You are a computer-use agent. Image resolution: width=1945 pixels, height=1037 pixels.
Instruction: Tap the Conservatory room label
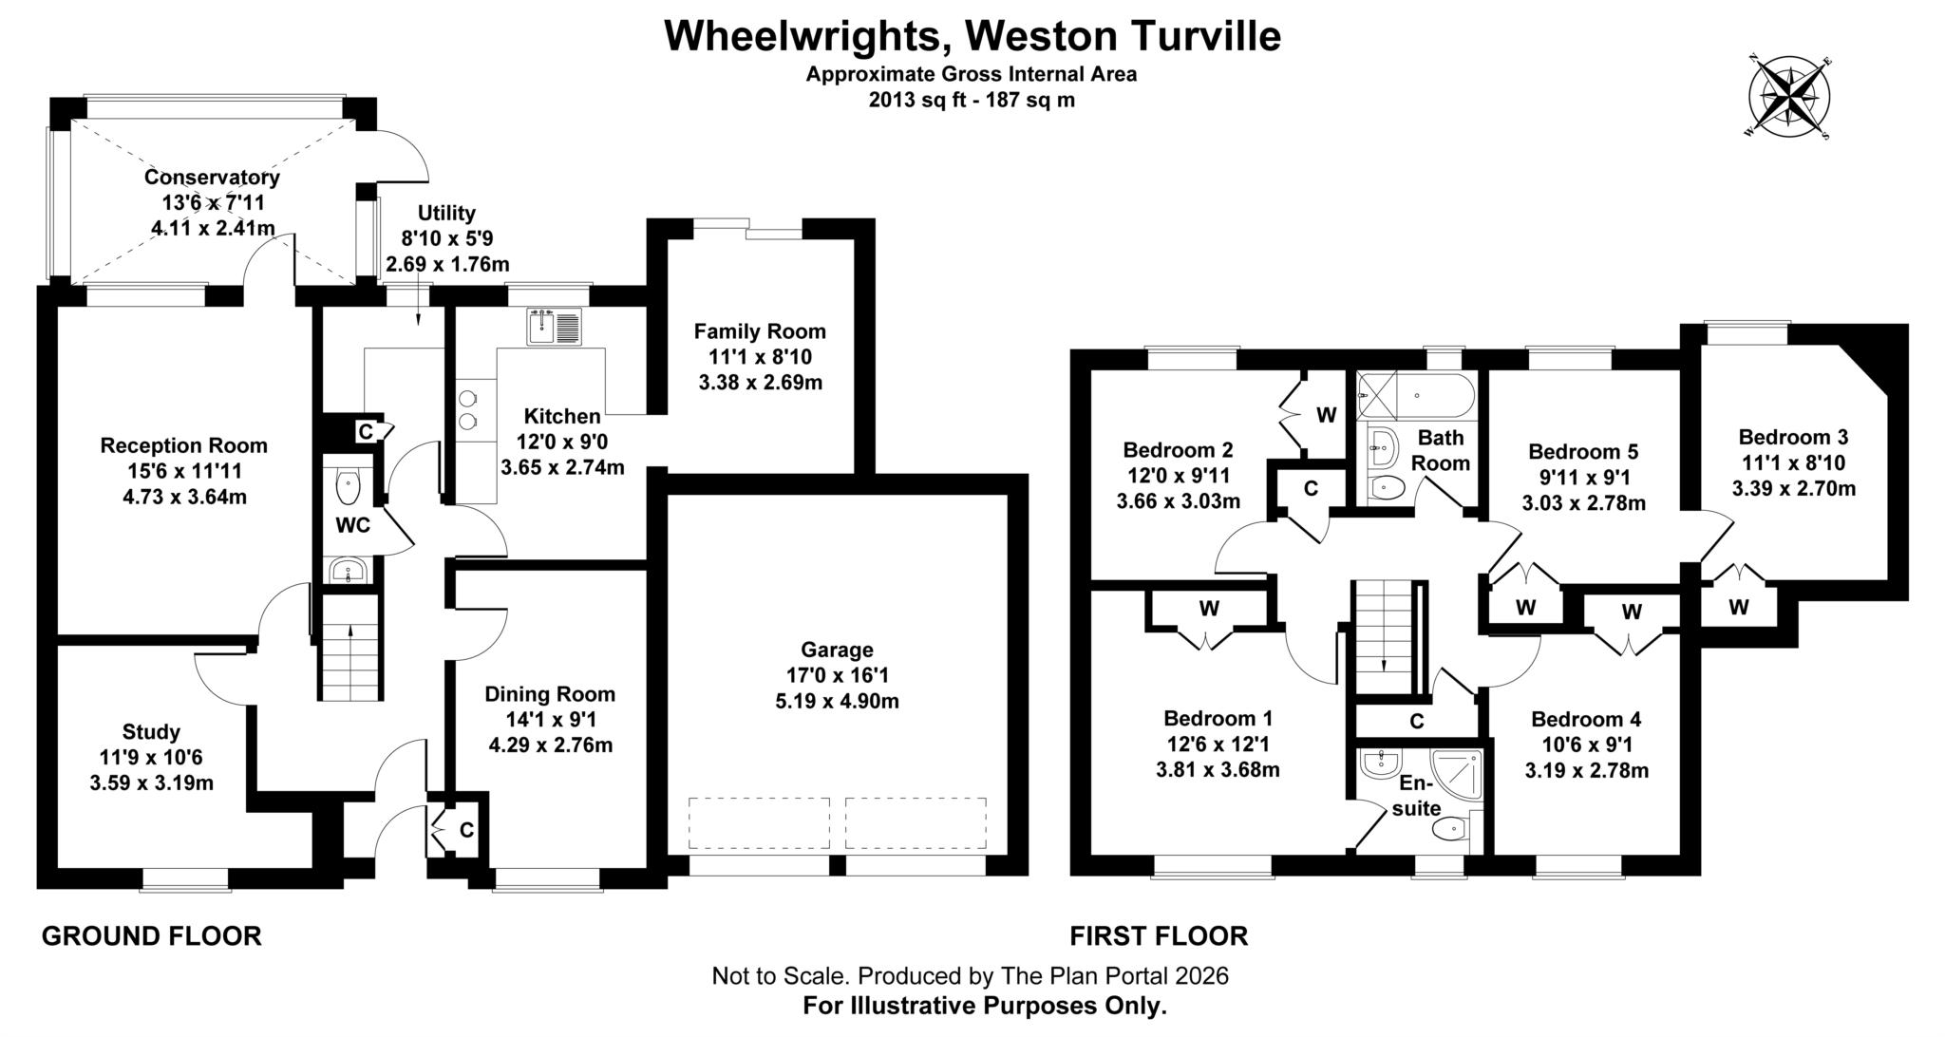212,178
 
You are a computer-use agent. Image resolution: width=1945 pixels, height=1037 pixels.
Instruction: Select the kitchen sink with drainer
554,327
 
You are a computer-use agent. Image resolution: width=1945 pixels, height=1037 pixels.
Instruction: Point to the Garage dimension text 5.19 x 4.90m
836,702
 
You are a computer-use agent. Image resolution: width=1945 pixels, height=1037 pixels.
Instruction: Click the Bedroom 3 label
1793,438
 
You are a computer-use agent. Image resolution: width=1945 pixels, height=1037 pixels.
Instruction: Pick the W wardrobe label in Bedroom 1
1208,609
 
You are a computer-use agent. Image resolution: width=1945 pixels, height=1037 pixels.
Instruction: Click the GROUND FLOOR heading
151,936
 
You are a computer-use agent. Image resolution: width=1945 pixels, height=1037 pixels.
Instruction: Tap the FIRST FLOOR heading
1159,936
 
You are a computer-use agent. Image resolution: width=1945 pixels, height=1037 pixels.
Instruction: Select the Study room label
151,732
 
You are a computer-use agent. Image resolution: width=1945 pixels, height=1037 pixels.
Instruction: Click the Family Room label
760,331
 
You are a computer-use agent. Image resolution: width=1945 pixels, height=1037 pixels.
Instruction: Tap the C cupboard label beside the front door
466,830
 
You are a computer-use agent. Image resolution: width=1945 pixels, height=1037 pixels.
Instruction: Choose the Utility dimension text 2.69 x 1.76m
446,264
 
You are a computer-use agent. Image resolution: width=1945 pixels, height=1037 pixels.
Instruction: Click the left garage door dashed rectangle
759,822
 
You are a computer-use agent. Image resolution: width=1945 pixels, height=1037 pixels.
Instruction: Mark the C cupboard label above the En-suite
1416,722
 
